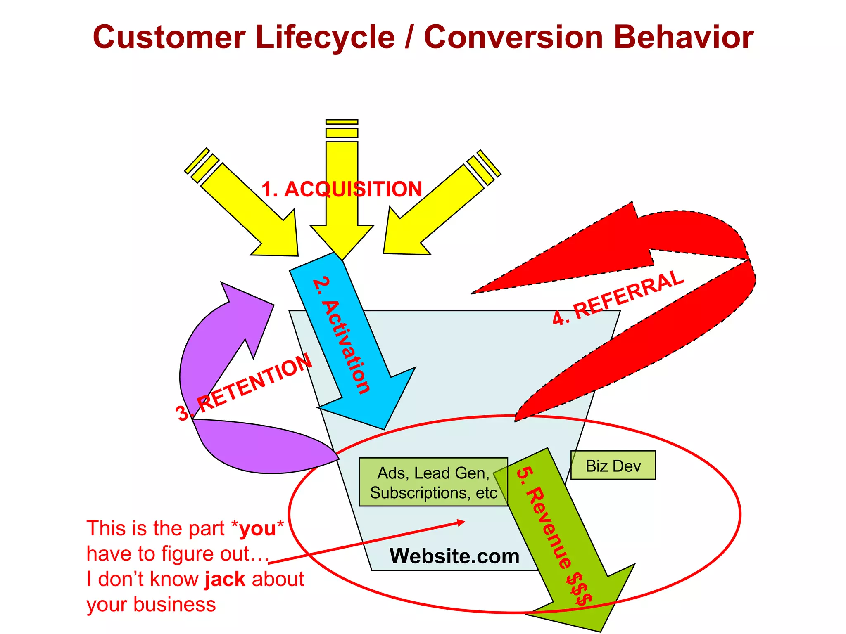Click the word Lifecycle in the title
click(325, 38)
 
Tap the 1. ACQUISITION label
click(342, 189)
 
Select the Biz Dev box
click(613, 466)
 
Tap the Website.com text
click(454, 556)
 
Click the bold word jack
click(225, 579)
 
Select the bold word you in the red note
click(257, 529)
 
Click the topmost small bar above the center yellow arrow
click(342, 122)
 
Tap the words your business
click(151, 605)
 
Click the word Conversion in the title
click(513, 38)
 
